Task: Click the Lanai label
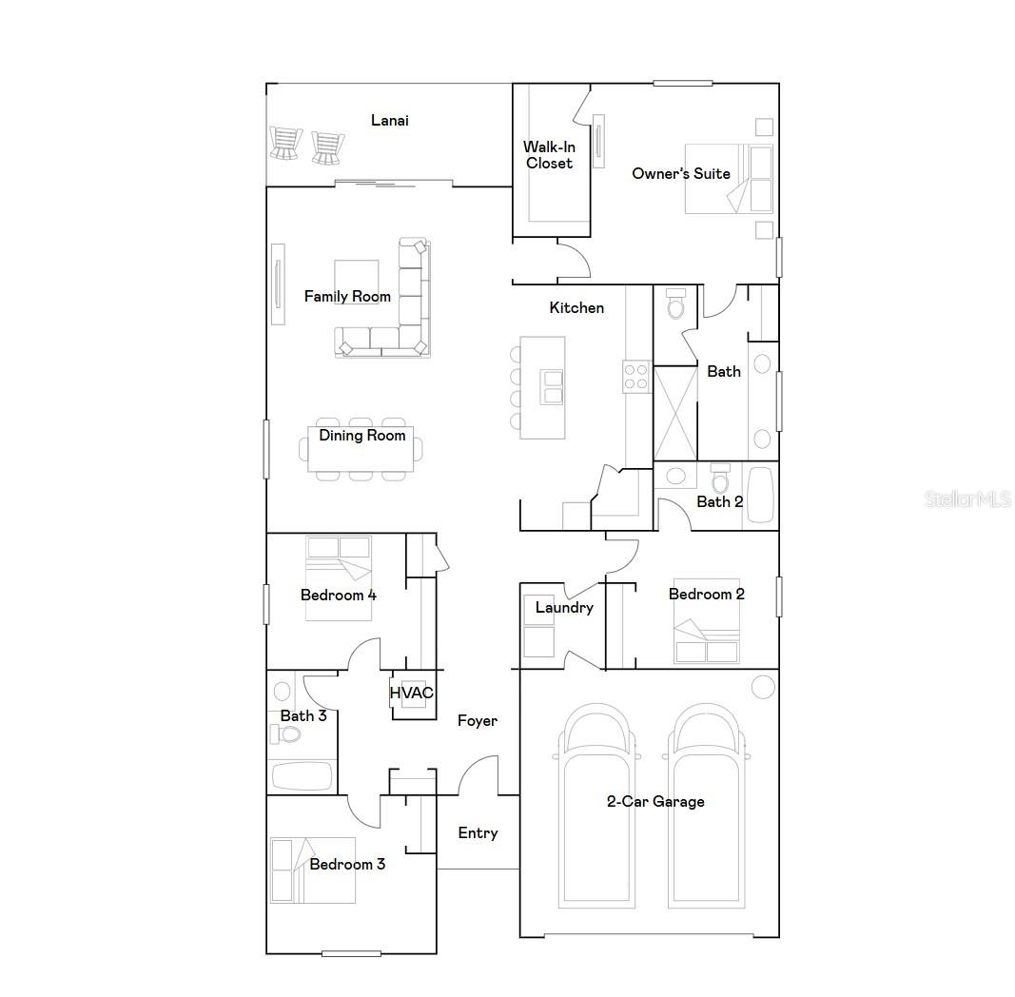point(390,120)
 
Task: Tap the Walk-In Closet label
point(549,155)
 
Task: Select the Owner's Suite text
point(681,173)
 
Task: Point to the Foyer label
point(477,721)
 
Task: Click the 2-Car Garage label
point(655,801)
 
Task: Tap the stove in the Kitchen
point(635,378)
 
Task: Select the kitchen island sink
point(551,387)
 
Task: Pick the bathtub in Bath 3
point(303,775)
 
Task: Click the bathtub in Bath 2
point(761,494)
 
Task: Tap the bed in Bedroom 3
point(312,870)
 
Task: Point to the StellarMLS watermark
point(966,498)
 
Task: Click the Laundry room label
point(564,608)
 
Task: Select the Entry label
point(478,833)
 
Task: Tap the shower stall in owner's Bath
point(675,413)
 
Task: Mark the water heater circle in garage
point(763,686)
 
